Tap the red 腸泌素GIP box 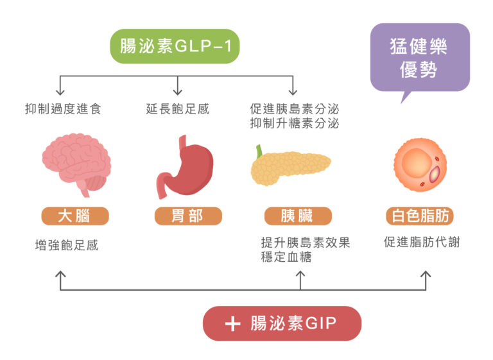point(282,323)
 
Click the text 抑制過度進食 point(63,109)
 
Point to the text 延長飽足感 point(178,109)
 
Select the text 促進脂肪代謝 point(422,243)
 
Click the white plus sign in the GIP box point(232,323)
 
